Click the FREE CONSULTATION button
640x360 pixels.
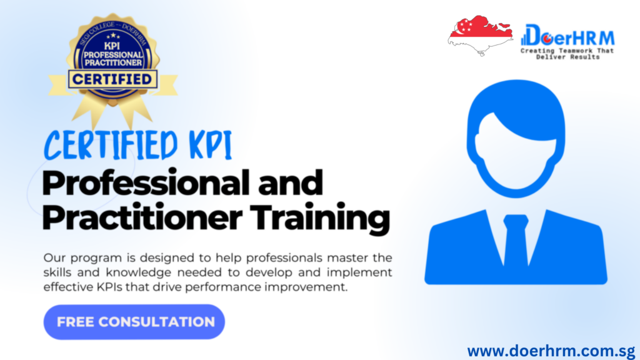pos(134,322)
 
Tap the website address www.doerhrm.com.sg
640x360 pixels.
pos(551,351)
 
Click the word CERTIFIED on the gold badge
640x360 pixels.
pos(112,79)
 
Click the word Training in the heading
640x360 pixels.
pos(319,218)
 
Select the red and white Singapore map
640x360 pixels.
pos(481,35)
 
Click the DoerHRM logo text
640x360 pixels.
pos(568,36)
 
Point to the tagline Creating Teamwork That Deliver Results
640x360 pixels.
pos(567,54)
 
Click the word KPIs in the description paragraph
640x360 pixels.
pos(109,287)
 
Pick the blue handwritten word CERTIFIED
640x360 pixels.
pos(111,145)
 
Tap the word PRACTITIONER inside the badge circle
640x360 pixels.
pos(113,62)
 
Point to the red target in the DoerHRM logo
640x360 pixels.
pos(546,38)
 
